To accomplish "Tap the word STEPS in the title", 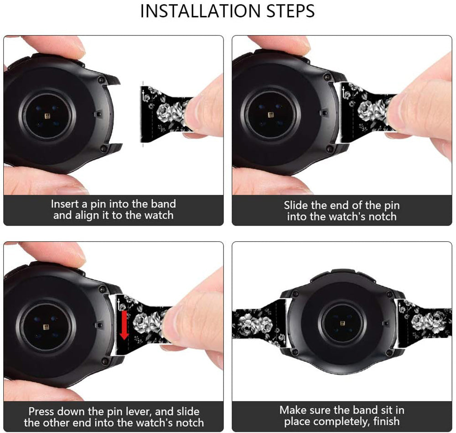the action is pos(290,11).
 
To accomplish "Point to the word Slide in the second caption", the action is pos(296,205).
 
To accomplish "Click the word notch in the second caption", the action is pos(383,217).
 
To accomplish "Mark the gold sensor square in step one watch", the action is pos(48,117).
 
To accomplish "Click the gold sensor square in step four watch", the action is pos(342,323).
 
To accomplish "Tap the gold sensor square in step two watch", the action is pos(271,115).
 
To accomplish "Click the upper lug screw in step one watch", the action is pos(101,78).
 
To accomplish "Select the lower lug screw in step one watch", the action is pos(102,149).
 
